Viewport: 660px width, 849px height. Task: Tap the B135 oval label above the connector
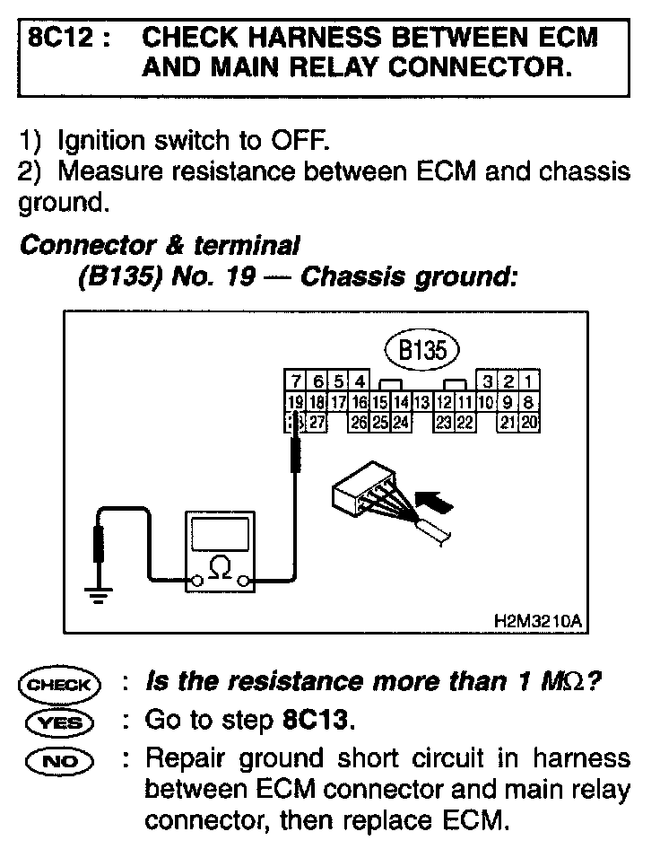click(421, 350)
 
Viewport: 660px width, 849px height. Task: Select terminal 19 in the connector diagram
click(292, 401)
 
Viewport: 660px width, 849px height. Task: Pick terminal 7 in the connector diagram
click(292, 382)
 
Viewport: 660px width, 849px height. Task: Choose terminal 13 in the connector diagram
click(419, 401)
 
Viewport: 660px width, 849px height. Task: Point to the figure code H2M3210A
click(537, 620)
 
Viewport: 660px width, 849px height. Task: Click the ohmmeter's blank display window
click(218, 535)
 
